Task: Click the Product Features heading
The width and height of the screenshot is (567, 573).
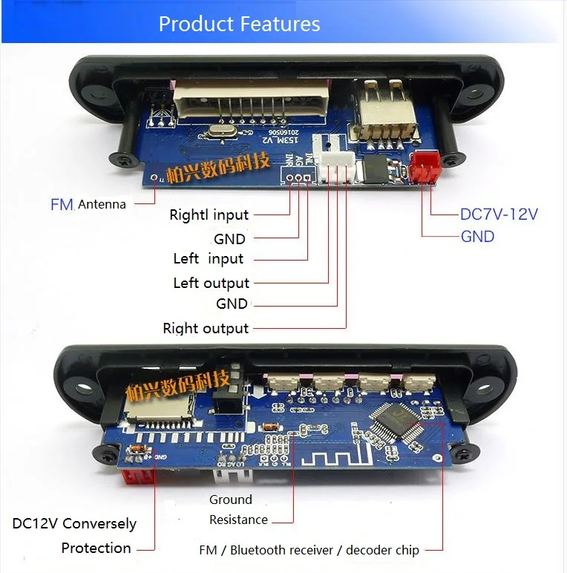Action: point(239,24)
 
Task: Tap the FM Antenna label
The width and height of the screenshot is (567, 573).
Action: point(88,204)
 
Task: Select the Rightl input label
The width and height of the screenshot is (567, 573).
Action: point(209,215)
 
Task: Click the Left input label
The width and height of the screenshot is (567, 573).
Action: point(209,259)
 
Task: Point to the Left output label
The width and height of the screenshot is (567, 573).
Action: point(212,283)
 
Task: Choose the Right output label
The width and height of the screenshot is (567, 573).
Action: point(206,328)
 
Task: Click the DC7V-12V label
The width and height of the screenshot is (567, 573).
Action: point(499,215)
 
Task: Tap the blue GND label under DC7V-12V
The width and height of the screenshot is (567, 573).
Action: point(477,237)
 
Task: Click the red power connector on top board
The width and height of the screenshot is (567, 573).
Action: point(425,167)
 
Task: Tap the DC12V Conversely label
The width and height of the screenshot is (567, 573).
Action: point(74,523)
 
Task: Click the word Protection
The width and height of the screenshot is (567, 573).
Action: point(96,548)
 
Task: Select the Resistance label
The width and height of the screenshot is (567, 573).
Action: point(238,520)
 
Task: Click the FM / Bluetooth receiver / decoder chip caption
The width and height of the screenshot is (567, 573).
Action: point(309,550)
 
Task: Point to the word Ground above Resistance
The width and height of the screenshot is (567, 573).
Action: point(231,500)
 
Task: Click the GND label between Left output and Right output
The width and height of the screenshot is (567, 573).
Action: point(232,304)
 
